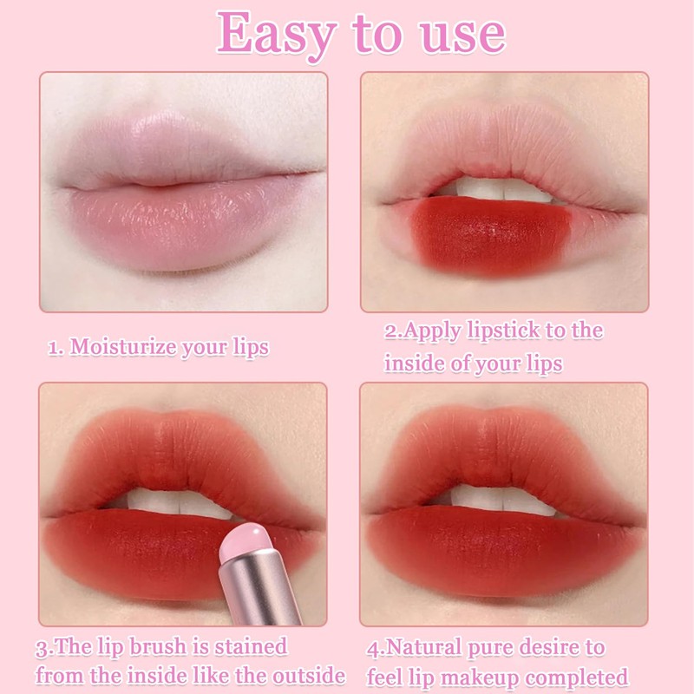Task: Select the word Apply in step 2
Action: tap(432, 331)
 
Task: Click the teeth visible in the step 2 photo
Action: tap(503, 190)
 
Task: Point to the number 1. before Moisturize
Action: tap(55, 348)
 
